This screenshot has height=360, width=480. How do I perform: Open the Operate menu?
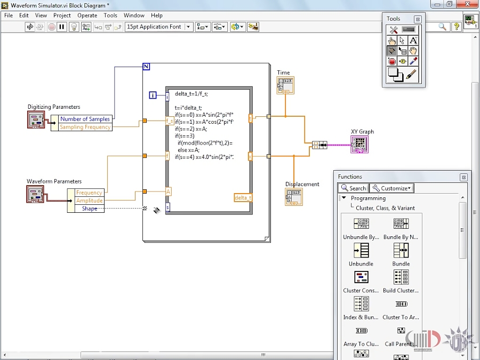click(x=87, y=15)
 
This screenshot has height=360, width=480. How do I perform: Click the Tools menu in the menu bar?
click(x=110, y=15)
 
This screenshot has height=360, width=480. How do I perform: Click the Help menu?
click(x=156, y=15)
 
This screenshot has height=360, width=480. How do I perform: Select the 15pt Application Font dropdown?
click(x=158, y=27)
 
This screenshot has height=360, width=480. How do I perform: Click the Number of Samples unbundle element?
click(x=85, y=119)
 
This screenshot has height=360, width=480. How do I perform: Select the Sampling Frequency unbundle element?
click(x=85, y=127)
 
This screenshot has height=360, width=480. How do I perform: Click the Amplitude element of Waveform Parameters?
click(x=89, y=201)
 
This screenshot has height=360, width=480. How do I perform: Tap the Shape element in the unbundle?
click(x=89, y=209)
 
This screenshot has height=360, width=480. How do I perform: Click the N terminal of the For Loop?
click(x=146, y=67)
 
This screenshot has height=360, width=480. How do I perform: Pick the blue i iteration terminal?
click(x=153, y=95)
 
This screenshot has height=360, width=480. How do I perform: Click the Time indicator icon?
click(x=285, y=85)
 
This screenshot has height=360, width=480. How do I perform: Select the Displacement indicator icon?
click(x=294, y=197)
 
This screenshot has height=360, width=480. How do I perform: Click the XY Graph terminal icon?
click(x=359, y=144)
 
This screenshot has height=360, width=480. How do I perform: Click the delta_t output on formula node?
click(x=243, y=198)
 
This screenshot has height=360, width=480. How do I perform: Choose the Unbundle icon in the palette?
click(x=361, y=250)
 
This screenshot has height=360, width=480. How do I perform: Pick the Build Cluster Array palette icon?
click(x=401, y=277)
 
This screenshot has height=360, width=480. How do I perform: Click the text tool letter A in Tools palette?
click(x=413, y=41)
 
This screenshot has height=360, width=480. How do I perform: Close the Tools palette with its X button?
click(x=418, y=19)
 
